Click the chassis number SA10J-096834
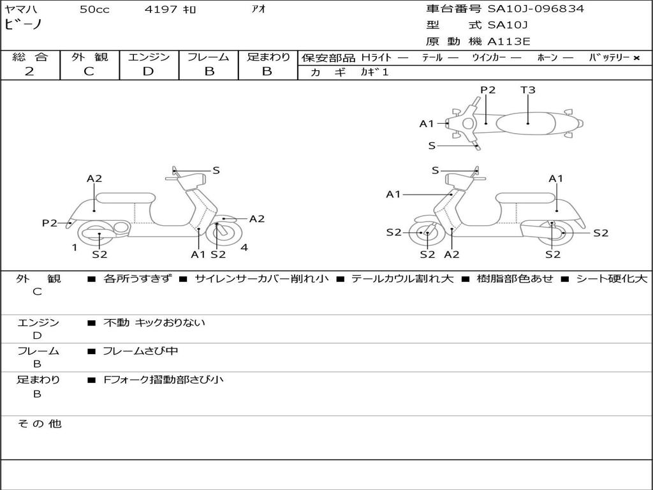click(x=536, y=9)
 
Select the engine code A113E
click(x=509, y=42)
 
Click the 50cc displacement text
click(x=94, y=10)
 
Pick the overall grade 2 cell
click(x=29, y=71)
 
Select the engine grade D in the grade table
click(x=148, y=71)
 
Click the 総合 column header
click(x=30, y=57)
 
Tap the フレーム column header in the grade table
click(x=208, y=57)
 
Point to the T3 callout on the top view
click(x=528, y=90)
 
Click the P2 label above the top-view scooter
click(x=488, y=90)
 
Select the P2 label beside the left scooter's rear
click(x=50, y=223)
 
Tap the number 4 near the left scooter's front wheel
click(x=244, y=248)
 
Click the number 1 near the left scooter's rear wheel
click(x=75, y=248)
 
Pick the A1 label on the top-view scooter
click(x=427, y=124)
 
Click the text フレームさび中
click(x=140, y=351)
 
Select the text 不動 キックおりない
click(x=154, y=323)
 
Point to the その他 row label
click(x=39, y=424)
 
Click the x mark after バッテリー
click(x=636, y=58)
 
